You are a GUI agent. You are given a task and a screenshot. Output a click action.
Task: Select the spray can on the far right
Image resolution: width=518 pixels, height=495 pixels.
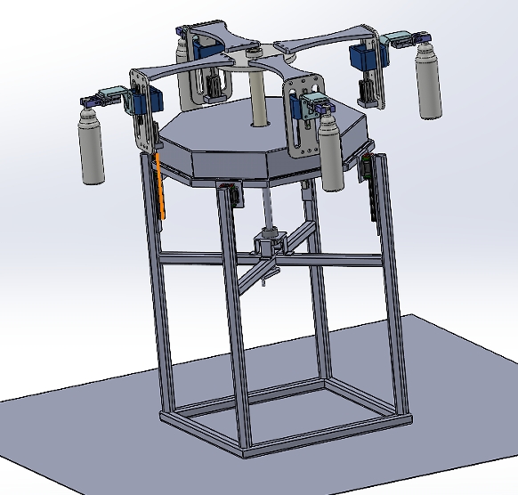click(429, 84)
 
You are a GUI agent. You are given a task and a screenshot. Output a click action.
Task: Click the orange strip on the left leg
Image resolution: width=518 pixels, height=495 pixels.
click(159, 187)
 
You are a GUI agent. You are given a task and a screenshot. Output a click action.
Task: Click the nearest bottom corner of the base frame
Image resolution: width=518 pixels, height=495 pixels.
click(245, 452)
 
